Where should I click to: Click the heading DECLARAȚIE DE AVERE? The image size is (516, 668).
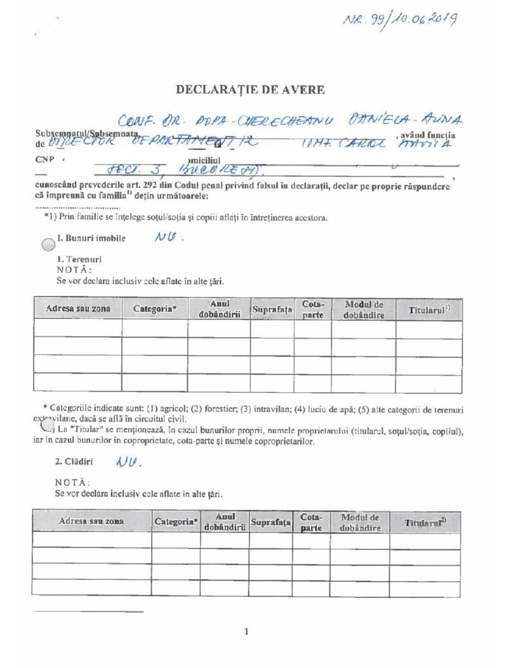click(x=250, y=90)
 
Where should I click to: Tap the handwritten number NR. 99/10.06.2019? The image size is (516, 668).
click(x=399, y=20)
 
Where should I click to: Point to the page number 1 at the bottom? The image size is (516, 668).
click(x=247, y=631)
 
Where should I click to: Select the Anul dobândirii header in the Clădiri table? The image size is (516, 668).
click(x=224, y=522)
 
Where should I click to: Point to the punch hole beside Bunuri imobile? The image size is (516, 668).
click(x=48, y=244)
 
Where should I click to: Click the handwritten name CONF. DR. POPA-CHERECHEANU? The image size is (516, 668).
click(x=226, y=121)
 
